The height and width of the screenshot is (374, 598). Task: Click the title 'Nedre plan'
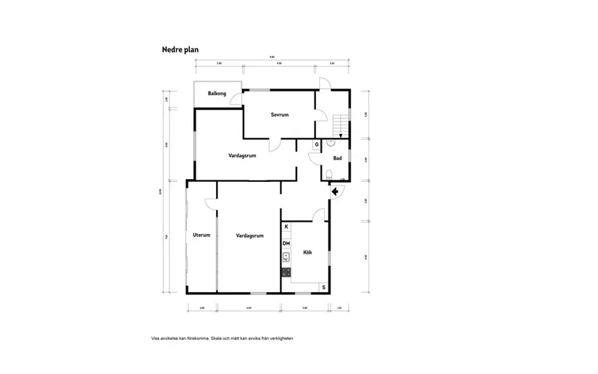(180, 50)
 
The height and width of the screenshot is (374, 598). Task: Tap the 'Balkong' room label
(217, 94)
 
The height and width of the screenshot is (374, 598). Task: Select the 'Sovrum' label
(280, 115)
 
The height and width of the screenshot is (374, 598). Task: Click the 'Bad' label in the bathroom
(337, 158)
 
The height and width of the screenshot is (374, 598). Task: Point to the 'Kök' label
(307, 252)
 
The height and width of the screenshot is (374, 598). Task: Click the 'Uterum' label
(201, 236)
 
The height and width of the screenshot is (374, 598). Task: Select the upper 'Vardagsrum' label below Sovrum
(242, 155)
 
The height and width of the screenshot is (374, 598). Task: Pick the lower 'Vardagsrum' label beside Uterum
(249, 236)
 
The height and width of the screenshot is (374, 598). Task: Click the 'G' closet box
(316, 145)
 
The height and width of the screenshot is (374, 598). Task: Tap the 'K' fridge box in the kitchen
(286, 228)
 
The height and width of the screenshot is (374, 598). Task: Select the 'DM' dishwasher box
(286, 244)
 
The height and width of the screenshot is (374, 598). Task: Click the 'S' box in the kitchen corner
(323, 287)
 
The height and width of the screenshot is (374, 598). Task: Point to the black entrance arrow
(334, 191)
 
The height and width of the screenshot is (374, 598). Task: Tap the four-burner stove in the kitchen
(286, 273)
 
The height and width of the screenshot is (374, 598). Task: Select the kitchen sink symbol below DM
(286, 257)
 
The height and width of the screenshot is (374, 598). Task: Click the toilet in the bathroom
(329, 173)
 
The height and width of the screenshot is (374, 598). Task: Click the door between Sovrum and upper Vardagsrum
(273, 145)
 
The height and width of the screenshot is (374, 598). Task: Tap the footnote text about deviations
(222, 338)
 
